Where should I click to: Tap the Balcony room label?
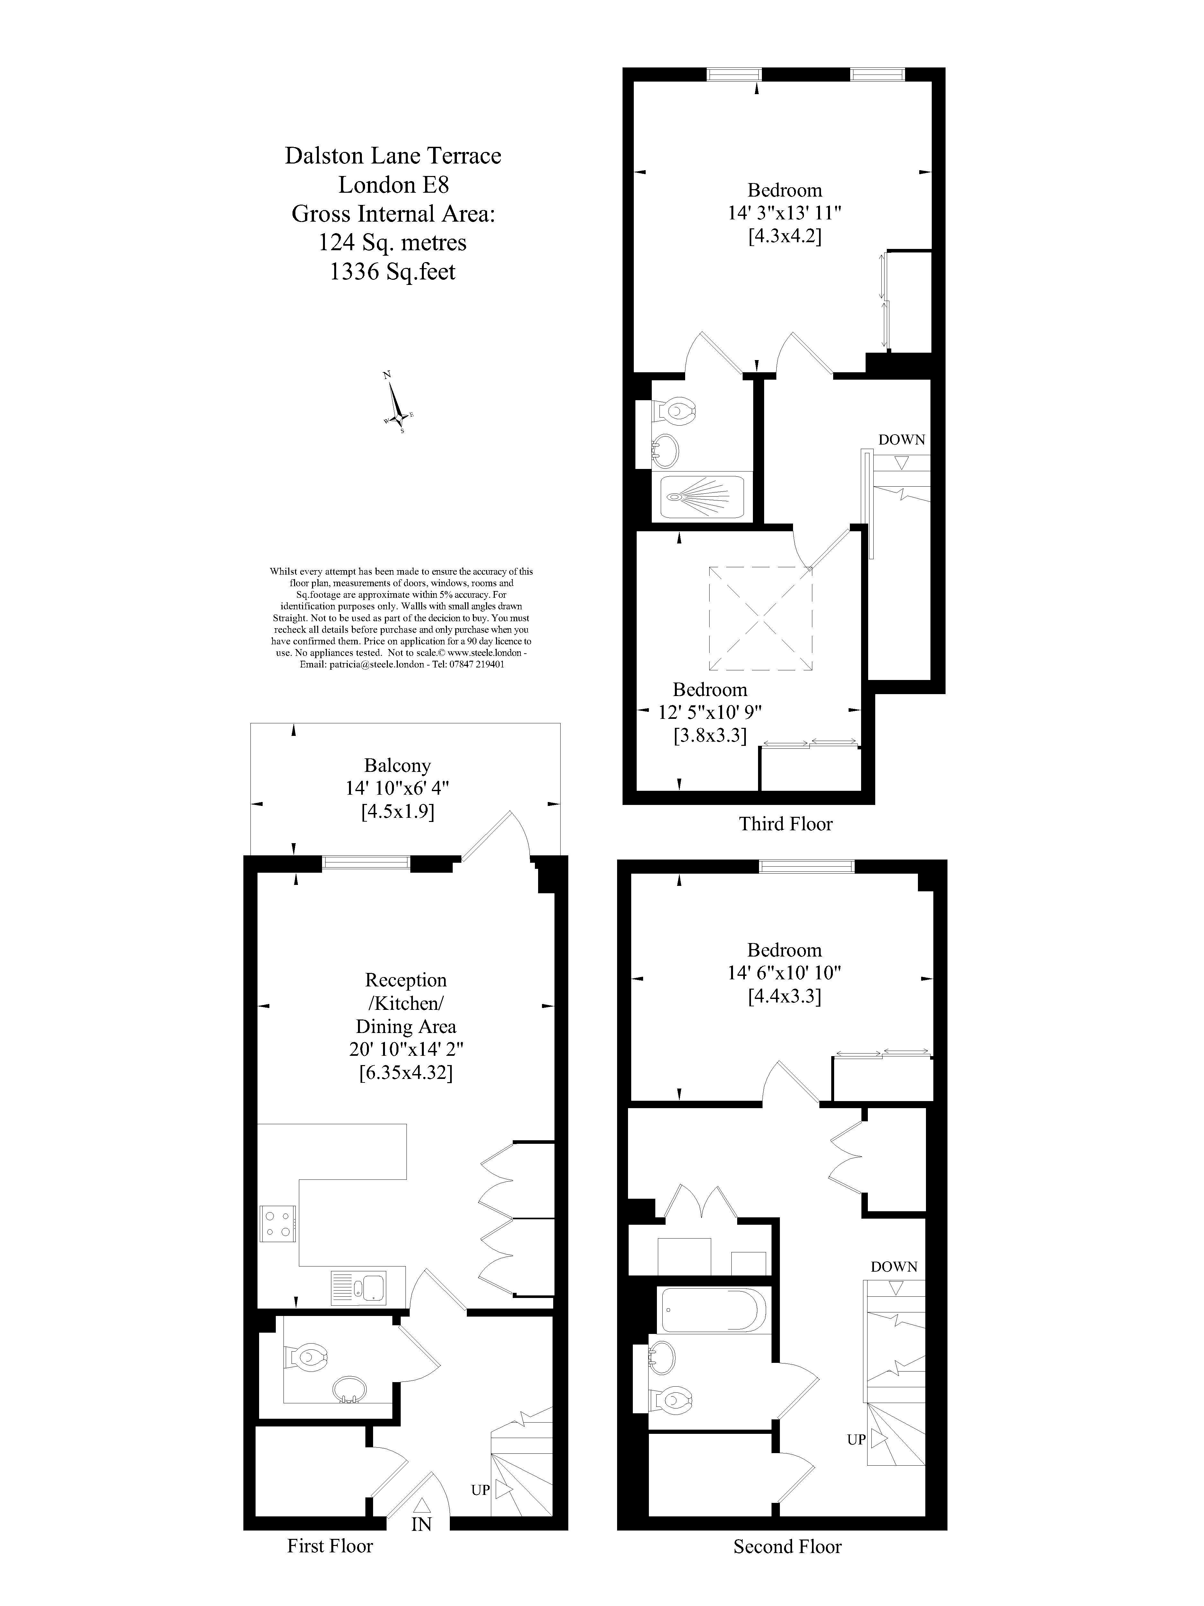tap(397, 765)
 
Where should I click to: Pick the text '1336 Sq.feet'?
tap(393, 271)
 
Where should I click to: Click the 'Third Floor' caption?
tap(785, 823)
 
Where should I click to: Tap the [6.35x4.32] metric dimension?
tap(406, 1072)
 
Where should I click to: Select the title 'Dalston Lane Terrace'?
tap(393, 155)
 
